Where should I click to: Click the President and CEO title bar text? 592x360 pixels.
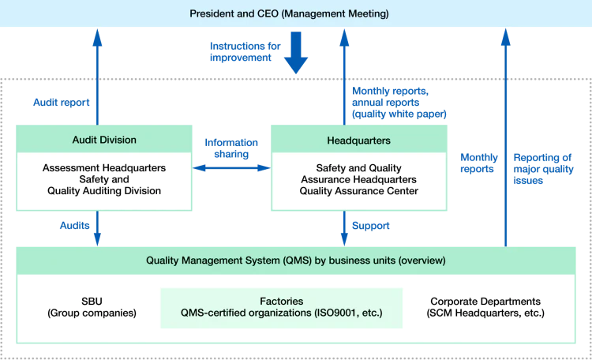289,14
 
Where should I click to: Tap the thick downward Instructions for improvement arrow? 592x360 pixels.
296,53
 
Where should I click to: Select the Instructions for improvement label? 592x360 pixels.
245,52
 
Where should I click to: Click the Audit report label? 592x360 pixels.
61,103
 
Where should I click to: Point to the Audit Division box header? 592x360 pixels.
104,140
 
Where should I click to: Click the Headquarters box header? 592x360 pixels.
359,140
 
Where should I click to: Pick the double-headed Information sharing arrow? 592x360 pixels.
231,167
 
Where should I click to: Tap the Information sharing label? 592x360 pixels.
231,148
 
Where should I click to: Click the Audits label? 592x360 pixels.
75,226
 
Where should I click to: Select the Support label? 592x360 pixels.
370,226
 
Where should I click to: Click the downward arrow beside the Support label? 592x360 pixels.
344,228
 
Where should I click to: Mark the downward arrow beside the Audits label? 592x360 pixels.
97,228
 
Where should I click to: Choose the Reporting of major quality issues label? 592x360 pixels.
543,169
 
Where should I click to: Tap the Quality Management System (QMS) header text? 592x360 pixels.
296,261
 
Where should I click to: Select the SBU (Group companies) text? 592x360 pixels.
92,307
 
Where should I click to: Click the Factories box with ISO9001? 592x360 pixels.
281,308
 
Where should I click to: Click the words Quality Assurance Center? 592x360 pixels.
358,191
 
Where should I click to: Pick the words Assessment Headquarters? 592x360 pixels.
104,167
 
